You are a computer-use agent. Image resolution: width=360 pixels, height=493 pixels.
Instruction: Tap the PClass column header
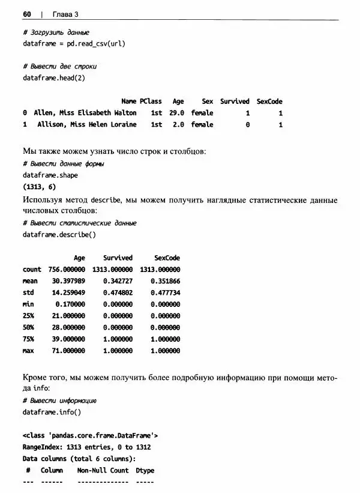(x=151, y=101)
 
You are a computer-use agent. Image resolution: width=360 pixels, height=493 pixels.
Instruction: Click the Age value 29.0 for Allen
(x=176, y=113)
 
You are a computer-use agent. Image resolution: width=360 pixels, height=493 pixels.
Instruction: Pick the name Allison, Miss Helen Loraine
(x=86, y=125)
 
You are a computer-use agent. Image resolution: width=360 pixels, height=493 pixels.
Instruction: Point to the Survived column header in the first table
(x=235, y=101)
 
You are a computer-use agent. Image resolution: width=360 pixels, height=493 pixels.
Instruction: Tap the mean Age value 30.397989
(x=67, y=281)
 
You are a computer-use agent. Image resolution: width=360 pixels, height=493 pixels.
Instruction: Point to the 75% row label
(x=28, y=339)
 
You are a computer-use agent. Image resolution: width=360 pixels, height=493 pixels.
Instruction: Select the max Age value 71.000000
(x=67, y=351)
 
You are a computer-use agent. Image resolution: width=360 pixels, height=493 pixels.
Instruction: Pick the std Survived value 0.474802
(x=118, y=292)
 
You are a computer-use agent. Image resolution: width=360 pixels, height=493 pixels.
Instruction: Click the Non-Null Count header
(x=103, y=470)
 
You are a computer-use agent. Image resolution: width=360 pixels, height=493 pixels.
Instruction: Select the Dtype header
(x=145, y=470)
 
